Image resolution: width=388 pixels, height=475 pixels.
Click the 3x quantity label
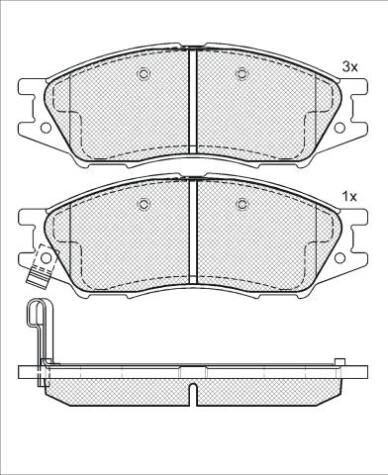[350, 67]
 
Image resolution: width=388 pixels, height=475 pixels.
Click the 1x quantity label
[350, 197]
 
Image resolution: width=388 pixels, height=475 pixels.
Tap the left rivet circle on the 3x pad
[143, 74]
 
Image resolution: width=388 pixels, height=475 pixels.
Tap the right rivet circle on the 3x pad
[242, 74]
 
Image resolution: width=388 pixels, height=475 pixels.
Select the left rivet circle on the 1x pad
[143, 205]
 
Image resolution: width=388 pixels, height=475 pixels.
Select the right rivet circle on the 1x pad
[242, 205]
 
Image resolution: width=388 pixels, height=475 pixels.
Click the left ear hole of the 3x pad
[46, 128]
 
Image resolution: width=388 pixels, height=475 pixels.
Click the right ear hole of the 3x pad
[339, 128]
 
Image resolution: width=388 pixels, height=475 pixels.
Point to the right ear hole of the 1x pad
[339, 258]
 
